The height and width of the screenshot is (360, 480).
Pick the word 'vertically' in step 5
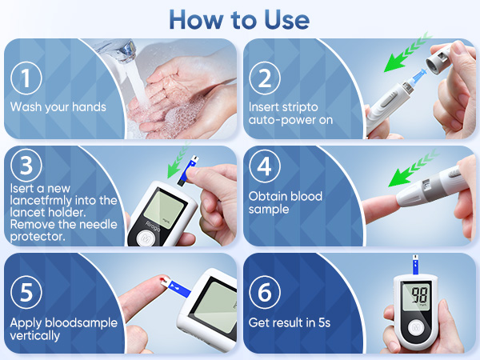[x=35, y=335]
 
